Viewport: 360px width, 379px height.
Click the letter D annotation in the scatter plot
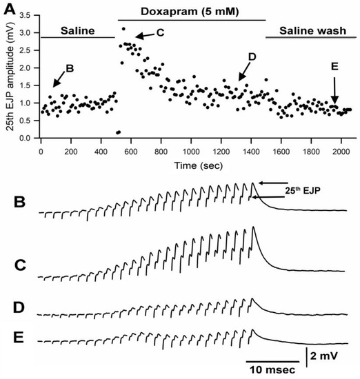pyautogui.click(x=252, y=58)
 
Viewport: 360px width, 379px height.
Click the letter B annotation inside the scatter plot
pyautogui.click(x=69, y=69)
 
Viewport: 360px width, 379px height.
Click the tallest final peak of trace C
pyautogui.click(x=254, y=227)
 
